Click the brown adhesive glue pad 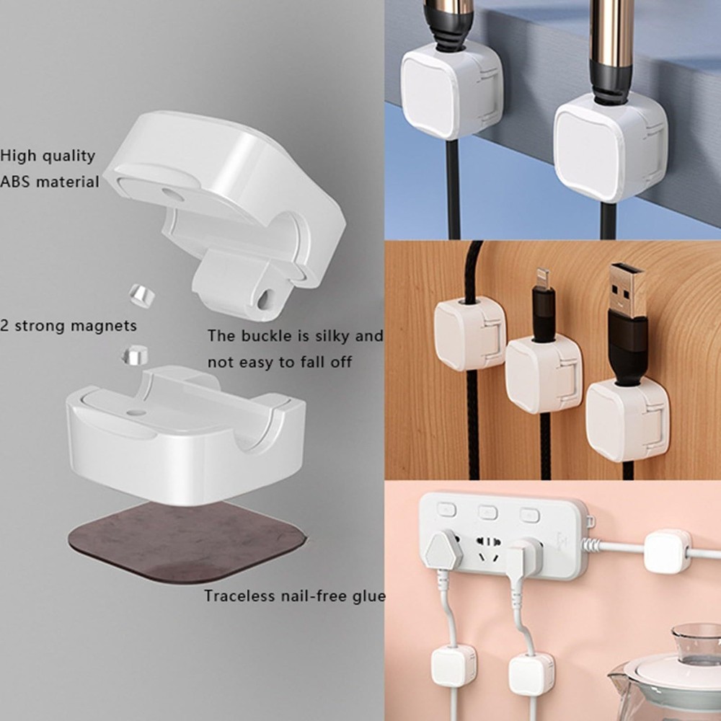click(x=184, y=541)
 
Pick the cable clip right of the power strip click(x=667, y=551)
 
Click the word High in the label click(x=17, y=155)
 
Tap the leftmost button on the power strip click(x=447, y=510)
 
